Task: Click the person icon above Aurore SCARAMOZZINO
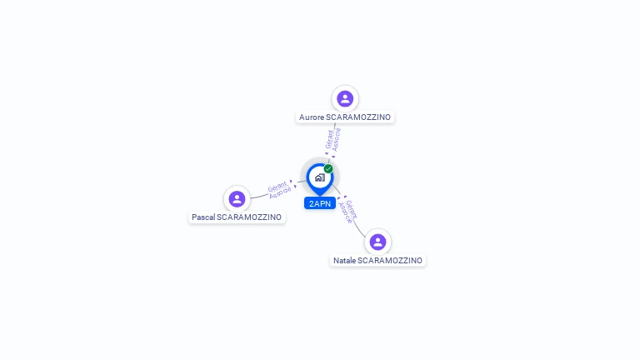coord(345,98)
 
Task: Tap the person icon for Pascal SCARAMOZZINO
coord(237,198)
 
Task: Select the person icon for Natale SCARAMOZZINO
coord(377,242)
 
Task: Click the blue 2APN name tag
coord(320,203)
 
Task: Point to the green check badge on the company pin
coord(328,168)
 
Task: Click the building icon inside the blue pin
coord(319,177)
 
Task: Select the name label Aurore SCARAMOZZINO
coord(345,117)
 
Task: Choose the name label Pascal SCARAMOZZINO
coord(237,217)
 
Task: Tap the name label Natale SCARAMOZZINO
coord(377,261)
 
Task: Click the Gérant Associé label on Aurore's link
coord(333,139)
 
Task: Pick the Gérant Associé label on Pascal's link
coord(279,187)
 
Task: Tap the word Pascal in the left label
coord(203,217)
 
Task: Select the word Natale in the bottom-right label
coord(344,261)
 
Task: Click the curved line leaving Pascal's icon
coord(258,197)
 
